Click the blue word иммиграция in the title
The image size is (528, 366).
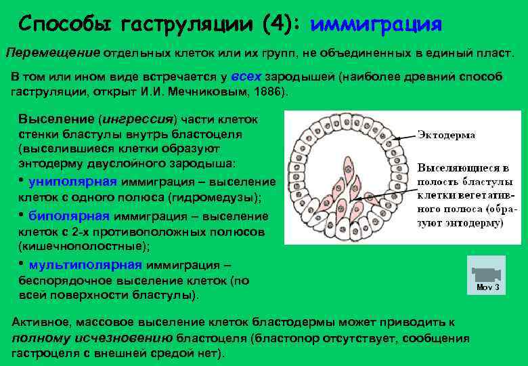point(376,25)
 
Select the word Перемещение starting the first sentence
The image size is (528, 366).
point(53,52)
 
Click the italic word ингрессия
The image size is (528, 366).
point(137,119)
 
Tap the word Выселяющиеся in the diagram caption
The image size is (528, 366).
point(449,167)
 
